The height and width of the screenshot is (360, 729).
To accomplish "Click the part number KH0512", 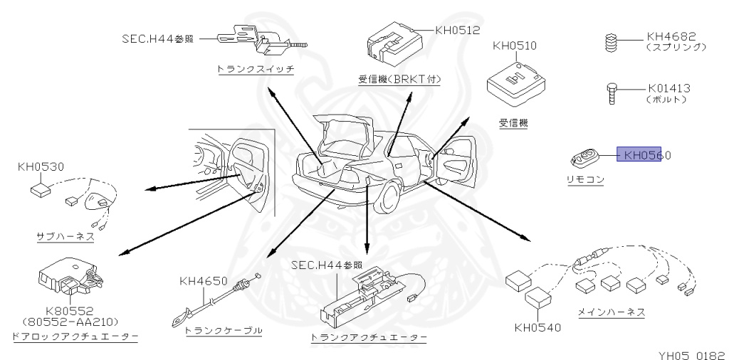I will coord(458,31).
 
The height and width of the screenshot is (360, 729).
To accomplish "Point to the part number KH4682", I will coord(671,36).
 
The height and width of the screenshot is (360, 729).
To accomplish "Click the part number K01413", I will coord(669,89).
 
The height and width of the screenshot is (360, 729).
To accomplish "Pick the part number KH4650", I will coord(204,280).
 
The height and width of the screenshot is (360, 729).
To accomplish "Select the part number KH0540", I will coord(537,328).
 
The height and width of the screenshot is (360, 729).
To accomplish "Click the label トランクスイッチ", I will coord(256,69).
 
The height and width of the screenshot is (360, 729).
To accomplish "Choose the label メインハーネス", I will coord(612,312).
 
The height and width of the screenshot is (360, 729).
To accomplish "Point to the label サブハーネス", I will coord(65,235).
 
